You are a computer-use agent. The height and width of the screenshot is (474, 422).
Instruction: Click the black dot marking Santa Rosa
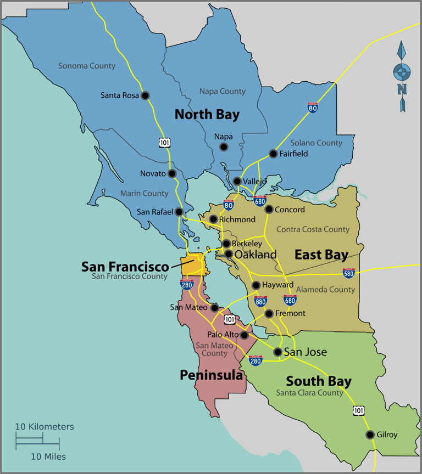tap(145, 95)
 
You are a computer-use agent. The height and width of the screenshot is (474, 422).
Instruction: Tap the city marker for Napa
tap(224, 146)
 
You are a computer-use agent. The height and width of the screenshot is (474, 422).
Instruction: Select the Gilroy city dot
tap(370, 435)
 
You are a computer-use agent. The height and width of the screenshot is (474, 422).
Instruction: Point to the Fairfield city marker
tap(273, 154)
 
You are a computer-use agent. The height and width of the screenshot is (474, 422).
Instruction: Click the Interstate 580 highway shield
tap(348, 273)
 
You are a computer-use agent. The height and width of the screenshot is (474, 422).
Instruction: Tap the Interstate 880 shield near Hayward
tap(260, 301)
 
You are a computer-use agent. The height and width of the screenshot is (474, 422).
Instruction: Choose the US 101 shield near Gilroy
tap(358, 410)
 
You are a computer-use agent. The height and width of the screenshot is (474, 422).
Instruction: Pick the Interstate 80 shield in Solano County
tap(313, 107)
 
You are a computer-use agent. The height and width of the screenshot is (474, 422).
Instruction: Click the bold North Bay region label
tap(207, 115)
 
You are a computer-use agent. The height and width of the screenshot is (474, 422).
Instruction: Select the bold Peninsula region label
tap(211, 375)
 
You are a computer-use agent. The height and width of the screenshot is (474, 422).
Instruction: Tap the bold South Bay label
tap(319, 381)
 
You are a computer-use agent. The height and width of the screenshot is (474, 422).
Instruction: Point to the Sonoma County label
tap(87, 66)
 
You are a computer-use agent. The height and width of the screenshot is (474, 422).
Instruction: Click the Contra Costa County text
tap(313, 229)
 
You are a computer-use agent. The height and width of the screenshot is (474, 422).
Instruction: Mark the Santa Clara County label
tap(309, 393)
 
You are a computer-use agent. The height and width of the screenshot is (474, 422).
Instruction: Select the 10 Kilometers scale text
tap(44, 427)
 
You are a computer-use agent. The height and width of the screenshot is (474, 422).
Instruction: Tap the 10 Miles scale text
tap(48, 456)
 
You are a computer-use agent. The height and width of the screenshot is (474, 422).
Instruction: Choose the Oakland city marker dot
tap(229, 254)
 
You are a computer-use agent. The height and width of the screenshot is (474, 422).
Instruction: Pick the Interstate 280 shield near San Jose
tap(256, 360)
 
